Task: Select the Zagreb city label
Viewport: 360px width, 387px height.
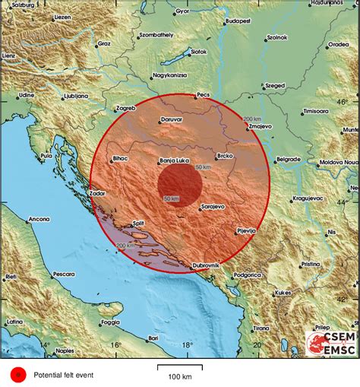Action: tap(125, 108)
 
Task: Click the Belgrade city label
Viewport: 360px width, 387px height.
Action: tap(288, 160)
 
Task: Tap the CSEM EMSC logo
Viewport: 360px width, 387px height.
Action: tap(330, 343)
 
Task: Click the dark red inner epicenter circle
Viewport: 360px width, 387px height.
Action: tap(179, 186)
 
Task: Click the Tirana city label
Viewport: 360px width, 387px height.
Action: tap(261, 328)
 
